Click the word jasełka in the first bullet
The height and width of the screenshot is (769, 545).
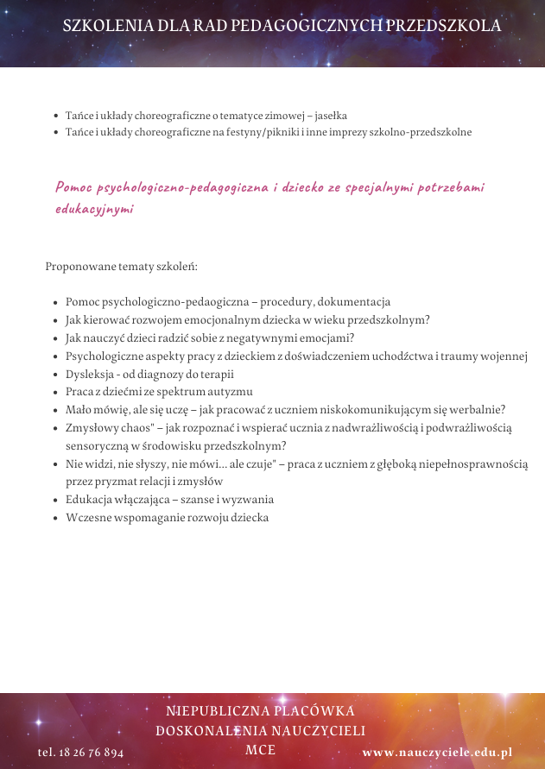point(329,115)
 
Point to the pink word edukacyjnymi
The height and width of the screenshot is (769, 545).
point(94,209)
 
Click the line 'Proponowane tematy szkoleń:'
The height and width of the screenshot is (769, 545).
point(122,266)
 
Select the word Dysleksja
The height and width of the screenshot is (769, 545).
point(89,375)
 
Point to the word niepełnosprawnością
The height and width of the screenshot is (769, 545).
point(474,464)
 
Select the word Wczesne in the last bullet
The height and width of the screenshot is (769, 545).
point(86,518)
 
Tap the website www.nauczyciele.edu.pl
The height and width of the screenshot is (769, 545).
point(437,752)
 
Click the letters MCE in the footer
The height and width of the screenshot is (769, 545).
point(260,749)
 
